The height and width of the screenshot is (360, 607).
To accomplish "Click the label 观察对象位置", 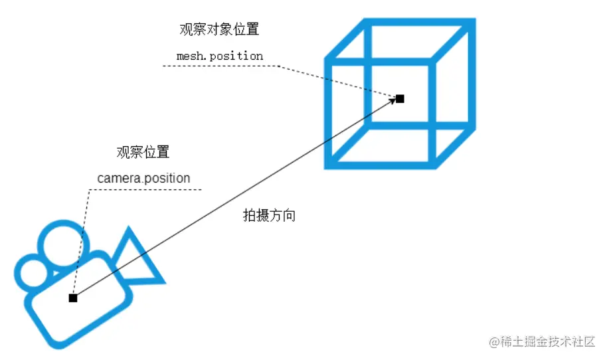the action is [218, 30].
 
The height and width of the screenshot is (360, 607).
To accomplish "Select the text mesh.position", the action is [220, 56].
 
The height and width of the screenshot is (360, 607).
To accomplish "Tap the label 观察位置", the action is [143, 152].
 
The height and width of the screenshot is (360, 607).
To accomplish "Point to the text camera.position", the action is [143, 178].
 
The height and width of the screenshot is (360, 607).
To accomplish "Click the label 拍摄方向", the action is [269, 216].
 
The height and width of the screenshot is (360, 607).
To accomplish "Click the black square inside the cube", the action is [400, 99].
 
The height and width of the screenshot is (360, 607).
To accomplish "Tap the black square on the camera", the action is [73, 298].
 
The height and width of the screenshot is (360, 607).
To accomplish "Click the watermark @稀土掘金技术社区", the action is [542, 341].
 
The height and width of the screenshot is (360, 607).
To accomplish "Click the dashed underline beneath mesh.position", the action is [219, 66].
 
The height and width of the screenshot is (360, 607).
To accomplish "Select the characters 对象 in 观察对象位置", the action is [218, 30].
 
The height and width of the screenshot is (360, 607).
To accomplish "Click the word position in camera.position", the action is [167, 179].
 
